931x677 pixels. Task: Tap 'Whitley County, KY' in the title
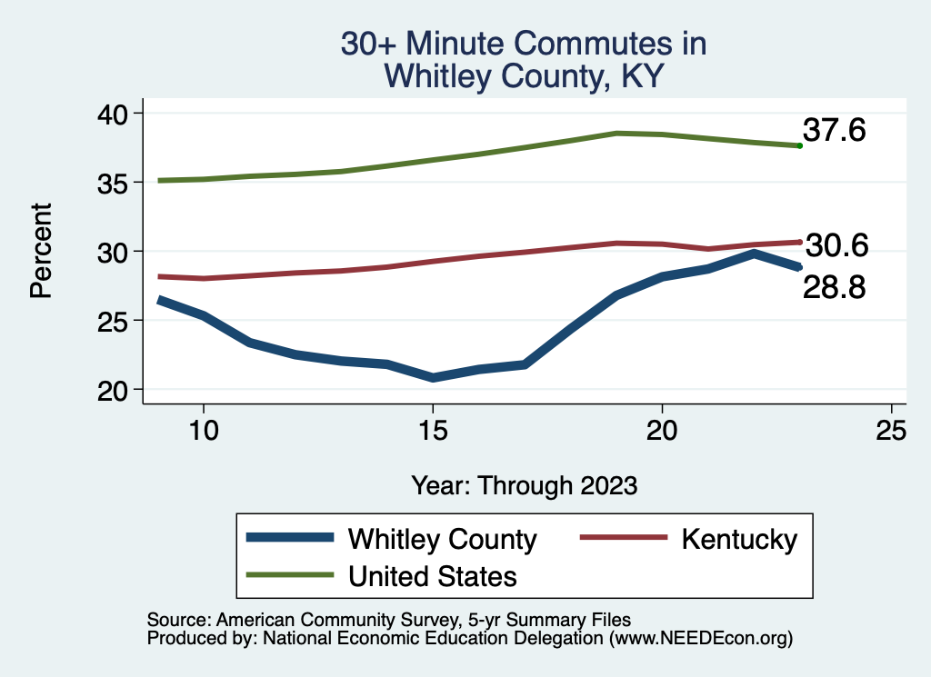pyautogui.click(x=523, y=76)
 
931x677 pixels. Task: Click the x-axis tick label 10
pyautogui.click(x=203, y=431)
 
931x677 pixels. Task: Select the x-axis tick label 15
pyautogui.click(x=433, y=431)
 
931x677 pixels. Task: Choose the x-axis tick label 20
pyautogui.click(x=662, y=431)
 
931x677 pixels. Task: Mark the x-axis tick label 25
pyautogui.click(x=892, y=431)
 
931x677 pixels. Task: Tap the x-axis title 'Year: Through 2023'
pyautogui.click(x=524, y=484)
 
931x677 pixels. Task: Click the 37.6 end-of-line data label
pyautogui.click(x=833, y=131)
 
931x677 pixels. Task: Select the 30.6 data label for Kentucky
pyautogui.click(x=836, y=245)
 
